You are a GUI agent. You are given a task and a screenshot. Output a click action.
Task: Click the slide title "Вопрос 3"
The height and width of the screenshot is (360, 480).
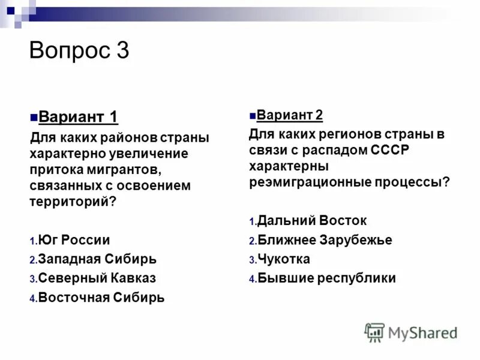tap(79, 50)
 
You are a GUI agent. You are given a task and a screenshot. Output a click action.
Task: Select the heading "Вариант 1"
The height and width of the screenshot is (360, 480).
tap(78, 116)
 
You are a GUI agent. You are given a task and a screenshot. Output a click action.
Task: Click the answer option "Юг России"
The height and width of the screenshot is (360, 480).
tap(74, 241)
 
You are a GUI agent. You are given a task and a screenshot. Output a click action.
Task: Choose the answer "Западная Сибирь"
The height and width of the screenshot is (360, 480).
tap(97, 259)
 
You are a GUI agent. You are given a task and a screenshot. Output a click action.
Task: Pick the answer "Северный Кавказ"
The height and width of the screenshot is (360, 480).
tap(96, 278)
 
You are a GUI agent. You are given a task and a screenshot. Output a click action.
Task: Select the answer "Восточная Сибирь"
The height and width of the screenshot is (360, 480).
tap(100, 297)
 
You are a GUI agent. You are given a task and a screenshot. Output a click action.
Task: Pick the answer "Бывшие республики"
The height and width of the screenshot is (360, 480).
tap(326, 278)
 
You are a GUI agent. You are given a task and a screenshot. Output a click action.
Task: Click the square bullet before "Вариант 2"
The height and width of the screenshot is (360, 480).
tap(253, 115)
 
